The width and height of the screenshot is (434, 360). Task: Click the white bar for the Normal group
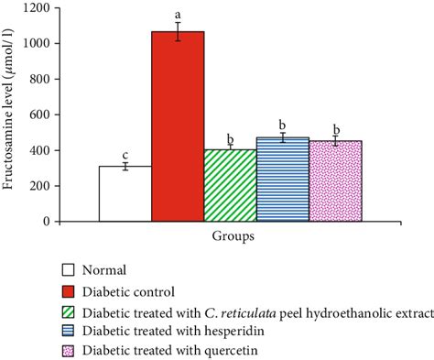pos(125,193)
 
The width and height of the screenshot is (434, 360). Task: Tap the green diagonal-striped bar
pos(230,185)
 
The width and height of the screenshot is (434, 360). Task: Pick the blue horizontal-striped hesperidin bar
pos(282,180)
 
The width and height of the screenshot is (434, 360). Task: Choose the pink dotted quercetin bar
pos(335,181)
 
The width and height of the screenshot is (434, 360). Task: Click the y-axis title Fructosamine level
pos(11,115)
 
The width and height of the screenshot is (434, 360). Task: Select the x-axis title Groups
pos(230,235)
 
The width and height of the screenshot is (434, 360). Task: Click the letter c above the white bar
pos(125,155)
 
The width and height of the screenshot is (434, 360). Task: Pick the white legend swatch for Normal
pos(68,271)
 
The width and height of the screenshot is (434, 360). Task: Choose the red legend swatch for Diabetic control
pos(68,291)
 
